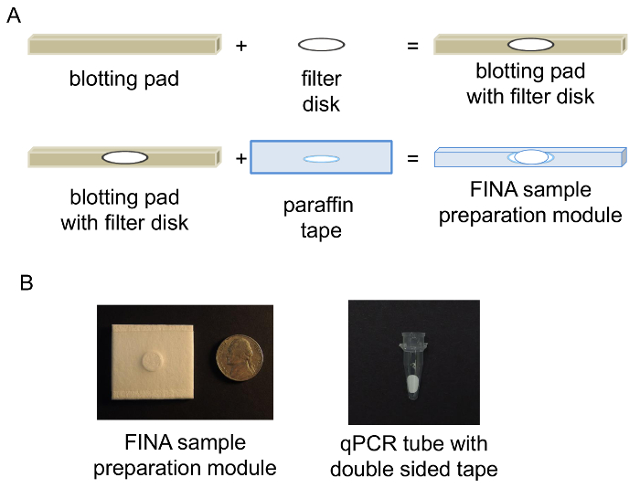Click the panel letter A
(14, 18)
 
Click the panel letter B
(27, 284)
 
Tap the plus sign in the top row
(241, 44)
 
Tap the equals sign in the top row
(412, 44)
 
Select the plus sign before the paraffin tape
(241, 158)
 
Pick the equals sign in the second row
(412, 158)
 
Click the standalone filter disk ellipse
(321, 44)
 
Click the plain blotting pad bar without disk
(124, 44)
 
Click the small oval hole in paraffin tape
(321, 159)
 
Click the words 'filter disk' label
(321, 90)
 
